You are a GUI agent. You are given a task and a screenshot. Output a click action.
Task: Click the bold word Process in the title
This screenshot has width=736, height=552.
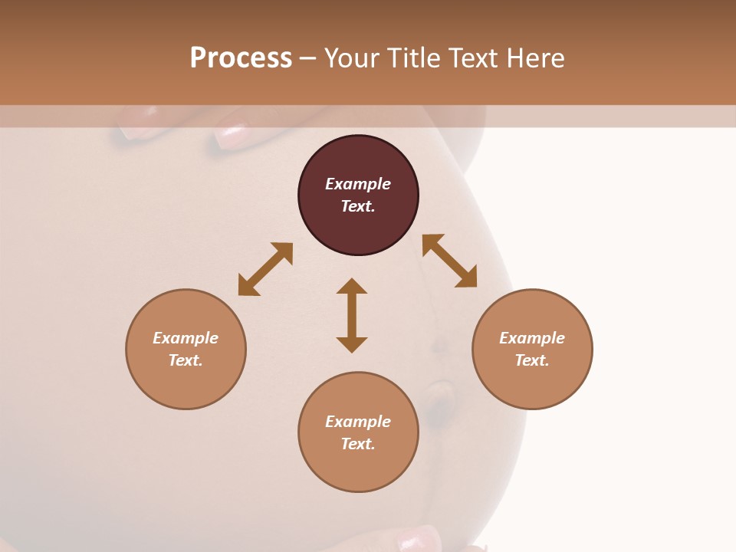241,58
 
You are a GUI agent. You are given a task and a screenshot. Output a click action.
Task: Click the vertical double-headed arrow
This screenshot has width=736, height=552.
352,315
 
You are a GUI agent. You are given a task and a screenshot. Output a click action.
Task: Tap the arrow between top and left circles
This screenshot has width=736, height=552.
265,269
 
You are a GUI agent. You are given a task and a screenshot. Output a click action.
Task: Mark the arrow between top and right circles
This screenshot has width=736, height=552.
449,261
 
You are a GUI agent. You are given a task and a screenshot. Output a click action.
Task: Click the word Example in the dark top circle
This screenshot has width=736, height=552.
358,184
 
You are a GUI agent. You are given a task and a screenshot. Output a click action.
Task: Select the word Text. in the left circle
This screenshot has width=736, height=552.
186,360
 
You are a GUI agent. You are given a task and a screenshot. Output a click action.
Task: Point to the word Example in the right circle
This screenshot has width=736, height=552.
532,338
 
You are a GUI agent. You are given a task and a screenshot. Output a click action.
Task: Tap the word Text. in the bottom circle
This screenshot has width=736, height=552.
358,444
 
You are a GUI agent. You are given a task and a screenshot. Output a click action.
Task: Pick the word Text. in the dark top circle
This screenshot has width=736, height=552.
358,206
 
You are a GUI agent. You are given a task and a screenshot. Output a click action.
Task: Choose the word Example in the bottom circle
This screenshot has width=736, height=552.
358,422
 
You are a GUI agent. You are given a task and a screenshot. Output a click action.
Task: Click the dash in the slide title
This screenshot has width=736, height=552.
307,58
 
